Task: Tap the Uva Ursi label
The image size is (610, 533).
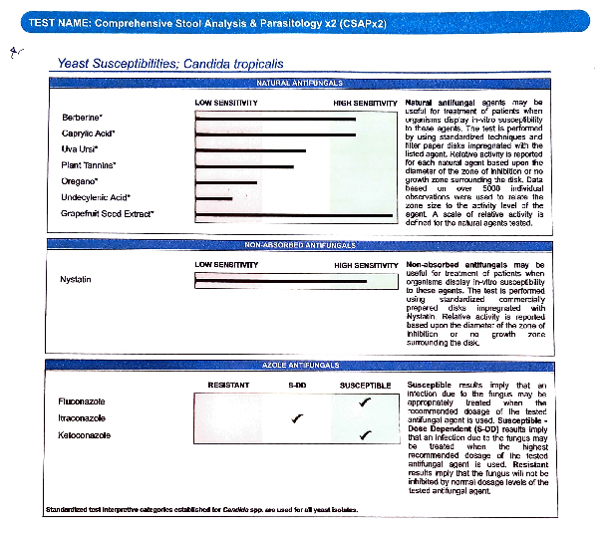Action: tap(79, 148)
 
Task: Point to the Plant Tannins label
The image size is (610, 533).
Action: tap(89, 164)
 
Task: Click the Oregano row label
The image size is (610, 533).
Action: tap(80, 180)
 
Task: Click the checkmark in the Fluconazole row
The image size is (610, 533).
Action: tap(366, 400)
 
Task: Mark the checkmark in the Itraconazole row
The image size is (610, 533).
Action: tap(296, 418)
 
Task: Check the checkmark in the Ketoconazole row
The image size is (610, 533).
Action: tap(366, 434)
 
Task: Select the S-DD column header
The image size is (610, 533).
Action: tap(296, 385)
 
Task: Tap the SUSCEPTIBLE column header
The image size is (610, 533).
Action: tap(365, 385)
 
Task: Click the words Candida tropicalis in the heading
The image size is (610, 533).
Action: tap(234, 64)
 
